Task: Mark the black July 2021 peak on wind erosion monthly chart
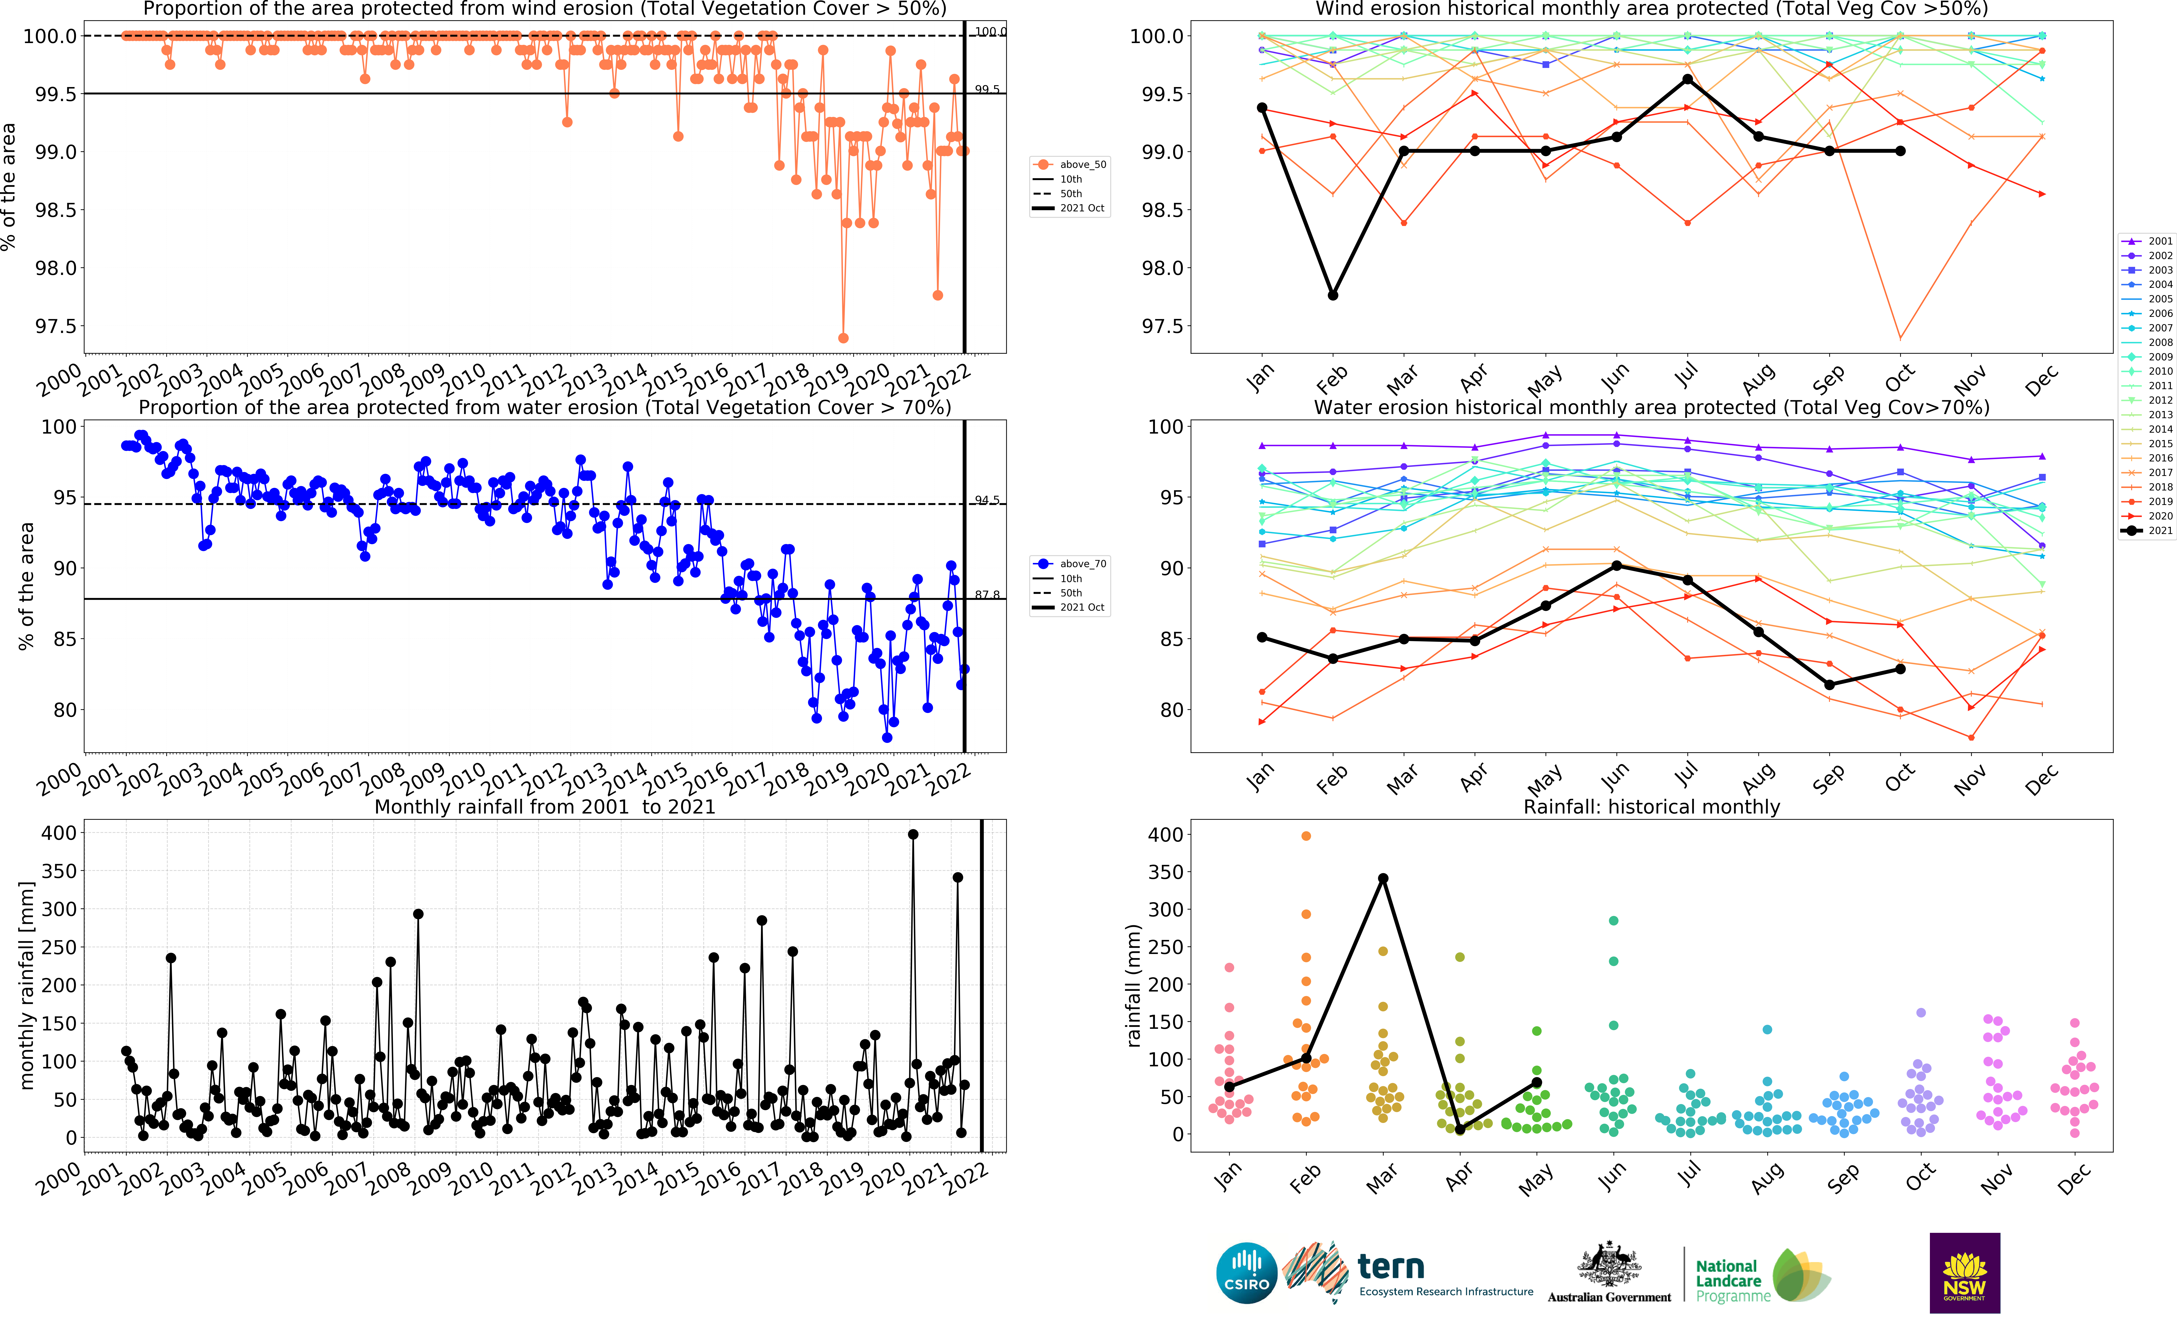[x=1688, y=79]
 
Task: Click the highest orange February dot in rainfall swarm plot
[x=1306, y=835]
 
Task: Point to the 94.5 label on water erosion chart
[x=987, y=500]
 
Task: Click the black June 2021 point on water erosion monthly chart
[x=1616, y=565]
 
